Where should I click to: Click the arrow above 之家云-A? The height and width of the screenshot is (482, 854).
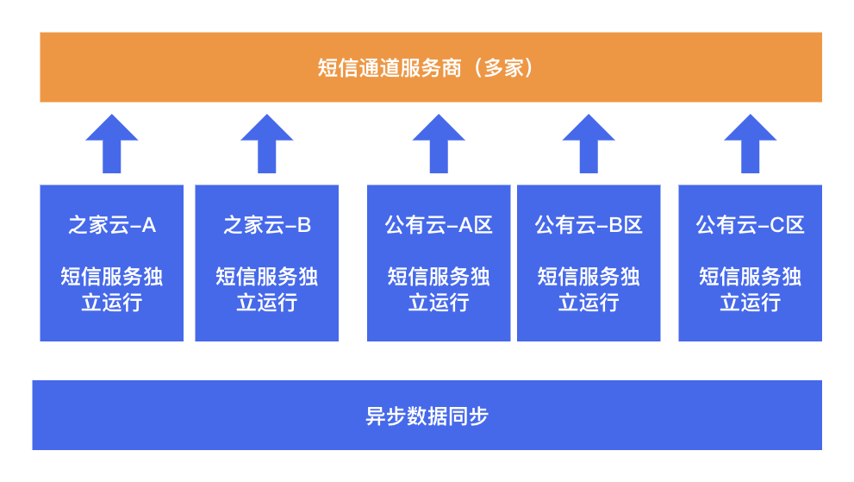click(x=112, y=145)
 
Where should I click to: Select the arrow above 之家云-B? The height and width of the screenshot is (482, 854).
click(x=267, y=145)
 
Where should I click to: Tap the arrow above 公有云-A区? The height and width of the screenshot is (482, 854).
click(x=439, y=145)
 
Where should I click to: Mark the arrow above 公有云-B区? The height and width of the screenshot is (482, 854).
click(x=589, y=145)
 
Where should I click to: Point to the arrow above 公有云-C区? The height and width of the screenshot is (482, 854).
click(x=750, y=145)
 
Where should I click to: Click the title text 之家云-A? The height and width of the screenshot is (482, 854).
click(x=112, y=226)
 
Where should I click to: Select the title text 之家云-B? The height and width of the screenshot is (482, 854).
click(x=267, y=226)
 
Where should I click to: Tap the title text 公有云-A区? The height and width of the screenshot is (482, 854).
click(x=439, y=226)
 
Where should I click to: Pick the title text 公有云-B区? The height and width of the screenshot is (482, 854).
click(x=589, y=226)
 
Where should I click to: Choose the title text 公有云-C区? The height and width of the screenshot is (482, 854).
click(x=750, y=226)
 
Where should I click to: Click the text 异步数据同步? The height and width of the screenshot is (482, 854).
click(x=427, y=416)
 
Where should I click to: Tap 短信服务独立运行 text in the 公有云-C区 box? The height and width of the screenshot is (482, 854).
click(x=750, y=289)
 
